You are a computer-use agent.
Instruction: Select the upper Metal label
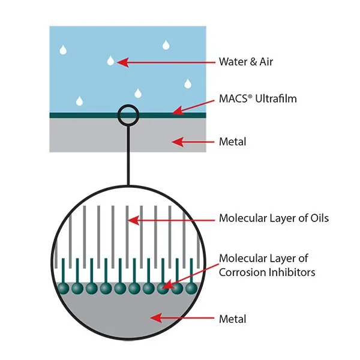tap(233, 142)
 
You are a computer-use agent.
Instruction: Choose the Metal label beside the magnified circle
tap(233, 319)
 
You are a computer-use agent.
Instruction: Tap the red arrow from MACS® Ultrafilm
tap(191, 106)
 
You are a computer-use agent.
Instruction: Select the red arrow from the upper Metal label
tap(193, 142)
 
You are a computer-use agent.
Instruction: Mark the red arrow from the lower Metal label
tap(180, 317)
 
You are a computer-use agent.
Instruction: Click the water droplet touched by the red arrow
tap(110, 60)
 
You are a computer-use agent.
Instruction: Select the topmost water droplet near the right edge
tap(166, 44)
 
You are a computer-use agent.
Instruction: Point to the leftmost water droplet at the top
tap(62, 50)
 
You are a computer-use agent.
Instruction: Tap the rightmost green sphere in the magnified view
tap(191, 289)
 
